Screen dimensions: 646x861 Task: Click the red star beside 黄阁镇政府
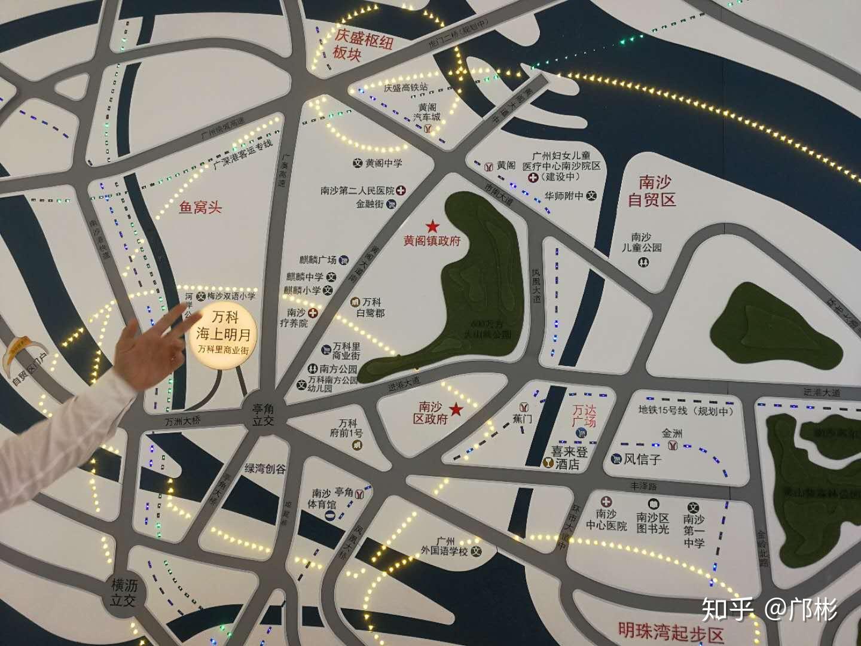tap(432, 227)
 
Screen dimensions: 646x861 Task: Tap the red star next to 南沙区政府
tap(456, 409)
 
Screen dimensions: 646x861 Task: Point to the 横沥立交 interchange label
tap(124, 593)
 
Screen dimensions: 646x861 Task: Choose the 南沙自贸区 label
tap(652, 191)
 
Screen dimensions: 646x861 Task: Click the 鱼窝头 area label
tap(200, 208)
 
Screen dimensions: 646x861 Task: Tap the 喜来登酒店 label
tap(570, 457)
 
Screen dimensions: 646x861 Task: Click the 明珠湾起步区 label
tap(671, 632)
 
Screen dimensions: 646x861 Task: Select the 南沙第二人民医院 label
tap(358, 191)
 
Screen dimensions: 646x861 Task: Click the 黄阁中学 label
tap(383, 163)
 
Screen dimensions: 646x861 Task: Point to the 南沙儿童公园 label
tap(641, 242)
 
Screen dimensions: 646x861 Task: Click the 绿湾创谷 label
tap(265, 468)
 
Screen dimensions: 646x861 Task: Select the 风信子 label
tap(642, 459)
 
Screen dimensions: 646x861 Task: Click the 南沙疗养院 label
tap(296, 318)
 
